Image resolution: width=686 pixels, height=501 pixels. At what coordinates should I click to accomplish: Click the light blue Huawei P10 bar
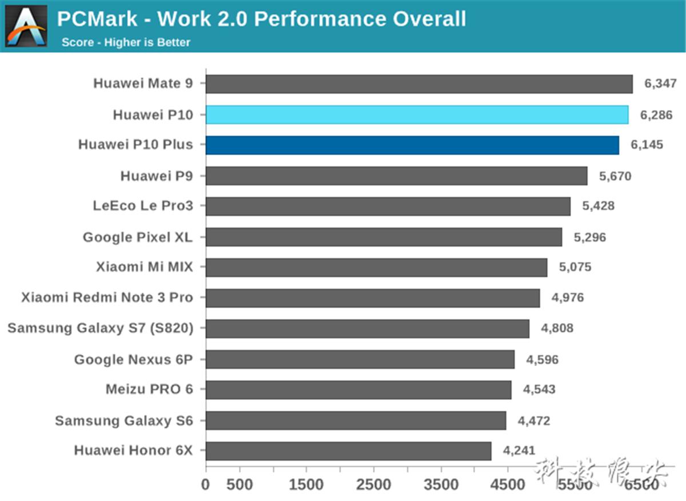417,115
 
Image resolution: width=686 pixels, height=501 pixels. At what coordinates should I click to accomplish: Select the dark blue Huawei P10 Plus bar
412,145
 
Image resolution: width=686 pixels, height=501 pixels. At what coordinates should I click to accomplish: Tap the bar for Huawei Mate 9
419,84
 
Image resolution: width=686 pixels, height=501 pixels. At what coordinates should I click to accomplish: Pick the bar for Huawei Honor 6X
348,451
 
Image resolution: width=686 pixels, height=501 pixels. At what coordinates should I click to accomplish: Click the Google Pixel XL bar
384,237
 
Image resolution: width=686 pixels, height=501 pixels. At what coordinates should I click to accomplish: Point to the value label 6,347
660,84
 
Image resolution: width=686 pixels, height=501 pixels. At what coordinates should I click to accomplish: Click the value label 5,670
615,176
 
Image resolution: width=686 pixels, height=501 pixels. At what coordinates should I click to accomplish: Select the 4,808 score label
557,328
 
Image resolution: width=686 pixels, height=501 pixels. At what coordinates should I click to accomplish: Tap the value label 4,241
519,451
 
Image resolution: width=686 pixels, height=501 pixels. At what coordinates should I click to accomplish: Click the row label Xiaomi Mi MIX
145,267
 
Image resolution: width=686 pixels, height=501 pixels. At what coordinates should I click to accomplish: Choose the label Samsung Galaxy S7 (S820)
100,328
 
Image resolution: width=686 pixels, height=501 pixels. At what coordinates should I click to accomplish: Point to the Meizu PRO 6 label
149,389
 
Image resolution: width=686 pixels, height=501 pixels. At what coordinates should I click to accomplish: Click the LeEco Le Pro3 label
143,206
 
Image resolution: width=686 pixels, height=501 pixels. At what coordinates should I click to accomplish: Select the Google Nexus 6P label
133,359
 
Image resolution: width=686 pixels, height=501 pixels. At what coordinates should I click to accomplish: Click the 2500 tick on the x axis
374,485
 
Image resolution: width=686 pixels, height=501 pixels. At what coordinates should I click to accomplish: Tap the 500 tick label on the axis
240,485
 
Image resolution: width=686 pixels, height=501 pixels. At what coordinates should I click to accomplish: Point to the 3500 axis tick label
441,485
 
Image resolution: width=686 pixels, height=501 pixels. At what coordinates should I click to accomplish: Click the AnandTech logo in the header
26,26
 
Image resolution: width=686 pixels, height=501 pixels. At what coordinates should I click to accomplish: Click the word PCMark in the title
97,19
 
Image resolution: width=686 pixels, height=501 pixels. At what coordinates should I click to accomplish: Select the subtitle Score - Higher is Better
126,42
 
